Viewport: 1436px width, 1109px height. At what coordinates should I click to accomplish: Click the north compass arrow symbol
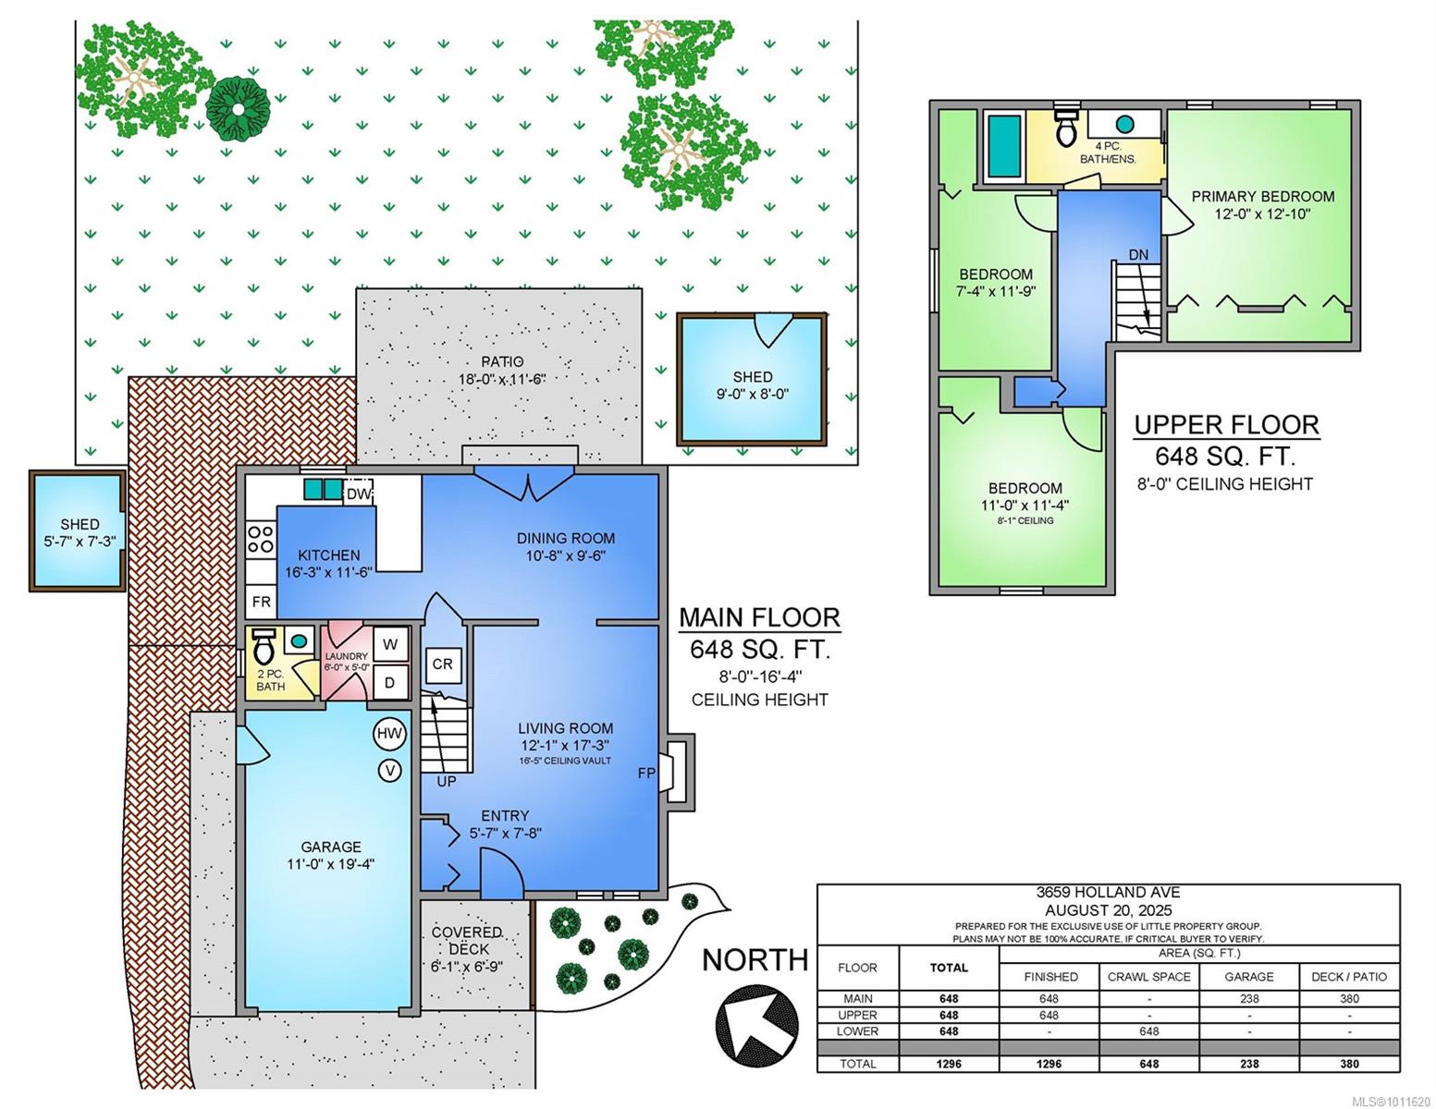(x=756, y=1025)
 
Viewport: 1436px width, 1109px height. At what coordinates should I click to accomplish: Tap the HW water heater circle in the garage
(x=389, y=733)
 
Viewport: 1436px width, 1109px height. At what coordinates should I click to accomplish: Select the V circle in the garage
(x=389, y=770)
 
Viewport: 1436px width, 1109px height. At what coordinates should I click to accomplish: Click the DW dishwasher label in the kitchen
(x=358, y=494)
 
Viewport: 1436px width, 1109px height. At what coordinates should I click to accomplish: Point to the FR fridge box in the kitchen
(x=261, y=602)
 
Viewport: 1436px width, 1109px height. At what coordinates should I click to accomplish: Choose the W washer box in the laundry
(x=390, y=644)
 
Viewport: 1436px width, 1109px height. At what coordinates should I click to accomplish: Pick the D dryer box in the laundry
(x=390, y=682)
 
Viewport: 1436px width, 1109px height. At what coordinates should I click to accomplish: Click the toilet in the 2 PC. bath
(x=264, y=646)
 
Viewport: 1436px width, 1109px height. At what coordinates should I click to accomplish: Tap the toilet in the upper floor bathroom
(x=1065, y=128)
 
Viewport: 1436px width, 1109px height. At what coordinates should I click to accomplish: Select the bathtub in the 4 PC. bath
(x=1003, y=147)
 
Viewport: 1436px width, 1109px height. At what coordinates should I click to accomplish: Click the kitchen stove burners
(x=261, y=538)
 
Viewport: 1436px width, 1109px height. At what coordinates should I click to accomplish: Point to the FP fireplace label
(x=646, y=772)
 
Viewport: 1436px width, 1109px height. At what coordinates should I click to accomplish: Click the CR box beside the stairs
(x=442, y=664)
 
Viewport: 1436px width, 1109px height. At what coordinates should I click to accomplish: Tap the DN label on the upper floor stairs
(x=1138, y=254)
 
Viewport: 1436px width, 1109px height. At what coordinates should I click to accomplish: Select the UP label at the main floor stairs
(x=447, y=782)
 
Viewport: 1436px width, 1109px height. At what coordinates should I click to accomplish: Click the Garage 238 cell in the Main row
(x=1248, y=999)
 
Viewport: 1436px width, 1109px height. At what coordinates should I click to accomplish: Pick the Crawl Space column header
(x=1148, y=976)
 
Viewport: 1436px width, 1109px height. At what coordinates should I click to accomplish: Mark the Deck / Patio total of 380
(x=1349, y=1064)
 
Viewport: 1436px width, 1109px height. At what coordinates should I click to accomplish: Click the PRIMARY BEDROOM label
(x=1262, y=196)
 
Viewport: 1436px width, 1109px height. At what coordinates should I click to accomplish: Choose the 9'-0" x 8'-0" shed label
(x=752, y=395)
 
